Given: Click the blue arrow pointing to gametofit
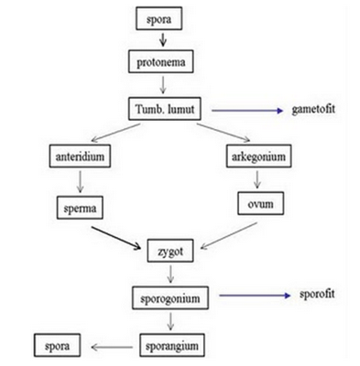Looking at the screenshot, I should click(249, 111).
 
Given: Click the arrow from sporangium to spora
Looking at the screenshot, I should click(112, 346).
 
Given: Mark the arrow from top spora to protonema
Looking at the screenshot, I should click(162, 40).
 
